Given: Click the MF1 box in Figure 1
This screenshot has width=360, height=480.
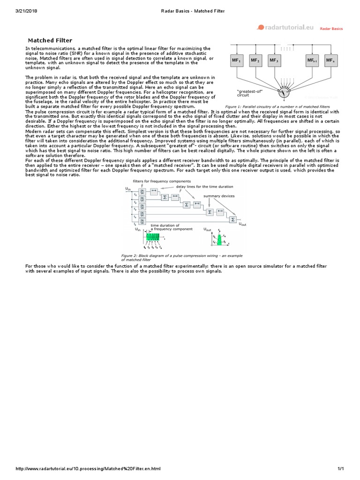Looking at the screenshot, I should point(237,60).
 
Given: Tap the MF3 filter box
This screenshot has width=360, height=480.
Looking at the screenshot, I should point(274,60).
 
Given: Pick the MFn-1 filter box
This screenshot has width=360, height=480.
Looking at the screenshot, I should point(312,60).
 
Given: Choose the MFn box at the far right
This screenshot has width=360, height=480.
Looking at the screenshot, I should point(331,60).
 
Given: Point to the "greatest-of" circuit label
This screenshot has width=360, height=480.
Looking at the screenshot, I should point(249,93).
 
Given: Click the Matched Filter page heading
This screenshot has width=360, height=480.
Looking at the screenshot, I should point(51,41).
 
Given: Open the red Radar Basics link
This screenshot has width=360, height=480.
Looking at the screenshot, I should point(331,29).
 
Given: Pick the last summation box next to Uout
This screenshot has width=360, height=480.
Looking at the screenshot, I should point(233,219).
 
